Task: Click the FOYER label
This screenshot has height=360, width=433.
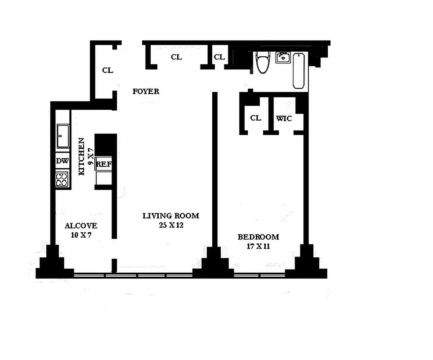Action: (146, 91)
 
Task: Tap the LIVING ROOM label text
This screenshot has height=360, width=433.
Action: (170, 216)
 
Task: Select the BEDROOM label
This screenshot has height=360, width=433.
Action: (258, 237)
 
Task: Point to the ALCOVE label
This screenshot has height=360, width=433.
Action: (81, 226)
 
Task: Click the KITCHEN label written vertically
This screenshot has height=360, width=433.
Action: (82, 156)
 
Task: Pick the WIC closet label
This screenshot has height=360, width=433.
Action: (284, 118)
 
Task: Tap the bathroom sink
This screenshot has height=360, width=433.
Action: (283, 57)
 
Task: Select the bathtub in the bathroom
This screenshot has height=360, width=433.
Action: (299, 71)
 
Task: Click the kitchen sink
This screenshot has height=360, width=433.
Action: (62, 135)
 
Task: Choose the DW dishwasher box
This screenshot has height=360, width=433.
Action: (62, 161)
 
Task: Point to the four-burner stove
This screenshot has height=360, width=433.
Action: (62, 180)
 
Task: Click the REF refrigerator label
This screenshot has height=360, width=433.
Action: (103, 164)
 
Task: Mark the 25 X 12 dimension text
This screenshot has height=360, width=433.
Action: (171, 225)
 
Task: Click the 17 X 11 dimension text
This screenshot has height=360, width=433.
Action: (258, 246)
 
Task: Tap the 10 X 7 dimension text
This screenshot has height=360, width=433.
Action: (81, 235)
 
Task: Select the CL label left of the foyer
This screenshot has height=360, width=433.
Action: (107, 70)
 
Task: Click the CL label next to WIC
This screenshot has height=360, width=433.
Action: (255, 118)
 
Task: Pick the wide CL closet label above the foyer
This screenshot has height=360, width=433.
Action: (176, 57)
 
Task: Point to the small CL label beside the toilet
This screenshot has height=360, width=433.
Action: (219, 57)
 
